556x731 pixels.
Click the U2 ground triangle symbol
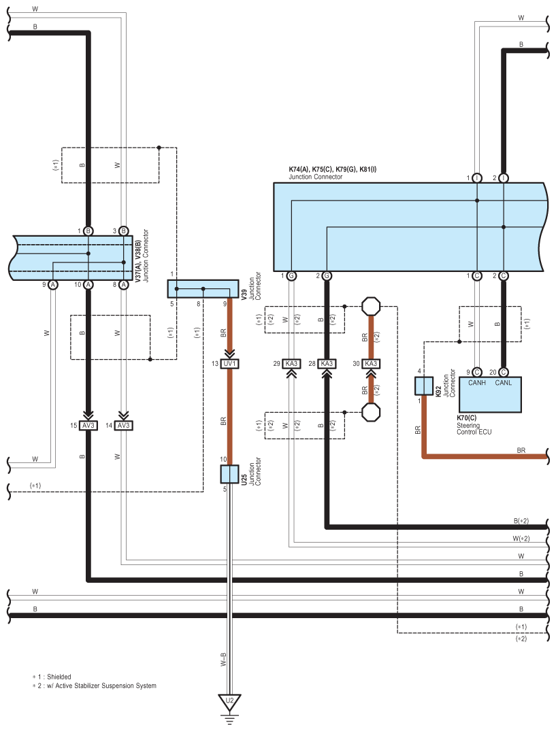pos(229,702)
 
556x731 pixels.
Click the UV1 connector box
pos(229,364)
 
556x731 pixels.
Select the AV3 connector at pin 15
pos(88,426)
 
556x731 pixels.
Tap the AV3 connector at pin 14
pos(124,426)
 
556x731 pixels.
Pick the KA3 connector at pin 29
pos(291,364)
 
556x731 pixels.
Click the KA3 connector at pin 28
pos(327,364)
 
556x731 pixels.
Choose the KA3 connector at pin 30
pos(371,364)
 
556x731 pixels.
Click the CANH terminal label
pos(476,383)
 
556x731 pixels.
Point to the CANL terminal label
pos(504,383)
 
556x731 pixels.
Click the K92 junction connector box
pos(424,386)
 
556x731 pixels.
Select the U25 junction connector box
pos(229,474)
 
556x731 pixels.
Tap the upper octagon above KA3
pos(371,307)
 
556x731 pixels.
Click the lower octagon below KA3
pos(371,412)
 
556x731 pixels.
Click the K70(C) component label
pos(466,418)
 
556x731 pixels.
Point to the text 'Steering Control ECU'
pos(474,428)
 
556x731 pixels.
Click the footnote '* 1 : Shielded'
pos(52,677)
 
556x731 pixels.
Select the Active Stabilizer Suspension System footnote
pos(94,685)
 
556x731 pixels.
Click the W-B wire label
pos(223,659)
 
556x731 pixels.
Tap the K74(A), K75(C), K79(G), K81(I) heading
pos(333,169)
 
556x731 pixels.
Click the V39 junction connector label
pos(244,294)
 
